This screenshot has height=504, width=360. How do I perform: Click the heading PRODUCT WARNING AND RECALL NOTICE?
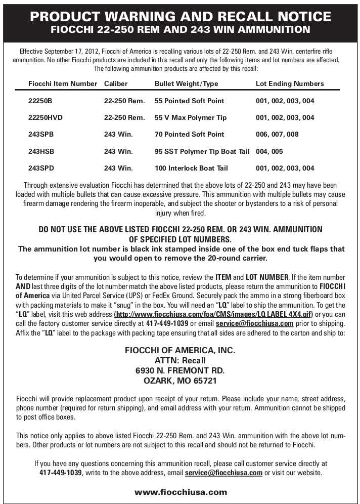tap(181, 16)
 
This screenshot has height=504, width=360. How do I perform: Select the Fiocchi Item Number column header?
tap(63, 83)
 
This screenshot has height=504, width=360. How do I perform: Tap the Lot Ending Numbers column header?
tap(290, 83)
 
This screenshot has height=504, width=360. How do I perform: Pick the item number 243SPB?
tap(41, 134)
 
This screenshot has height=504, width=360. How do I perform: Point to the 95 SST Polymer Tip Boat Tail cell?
tap(202, 151)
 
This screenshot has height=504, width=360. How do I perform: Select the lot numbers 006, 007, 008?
tap(277, 134)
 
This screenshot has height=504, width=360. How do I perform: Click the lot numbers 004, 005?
tap(269, 151)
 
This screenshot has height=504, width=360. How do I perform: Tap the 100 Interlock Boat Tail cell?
tap(191, 168)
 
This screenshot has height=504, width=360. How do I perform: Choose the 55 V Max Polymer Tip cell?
tap(191, 117)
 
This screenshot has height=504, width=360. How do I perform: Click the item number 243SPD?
tap(41, 168)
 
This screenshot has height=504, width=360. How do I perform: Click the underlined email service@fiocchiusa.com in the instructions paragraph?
tap(255, 323)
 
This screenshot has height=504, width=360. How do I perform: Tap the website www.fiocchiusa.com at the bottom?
tap(181, 491)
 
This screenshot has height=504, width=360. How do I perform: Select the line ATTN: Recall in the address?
tap(180, 360)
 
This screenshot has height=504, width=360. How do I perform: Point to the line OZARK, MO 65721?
tap(180, 381)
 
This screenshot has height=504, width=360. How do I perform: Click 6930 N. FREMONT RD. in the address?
tap(180, 370)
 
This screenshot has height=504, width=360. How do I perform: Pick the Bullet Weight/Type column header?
tap(186, 83)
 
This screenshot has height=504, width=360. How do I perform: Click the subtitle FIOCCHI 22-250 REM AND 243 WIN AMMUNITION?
tap(181, 29)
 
